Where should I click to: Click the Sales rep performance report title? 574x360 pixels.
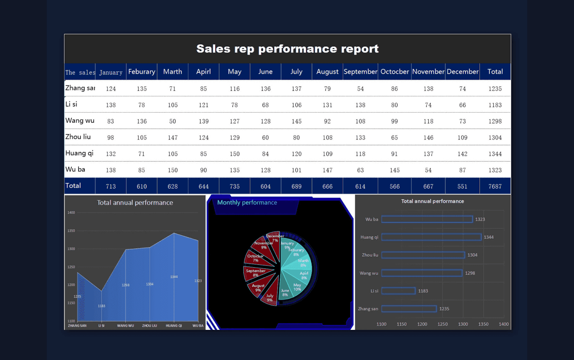coord(287,49)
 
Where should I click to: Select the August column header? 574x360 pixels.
coord(327,72)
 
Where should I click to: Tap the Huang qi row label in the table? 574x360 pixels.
coord(79,153)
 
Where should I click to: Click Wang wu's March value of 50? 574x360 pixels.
coord(173,121)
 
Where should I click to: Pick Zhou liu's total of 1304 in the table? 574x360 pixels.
coord(495,138)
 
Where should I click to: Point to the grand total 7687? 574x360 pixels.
coord(495,186)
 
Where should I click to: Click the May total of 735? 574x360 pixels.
coord(235,186)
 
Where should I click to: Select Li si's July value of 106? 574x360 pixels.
coord(296,105)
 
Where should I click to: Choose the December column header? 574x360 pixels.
coord(462,72)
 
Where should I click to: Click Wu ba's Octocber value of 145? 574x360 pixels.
coord(395,170)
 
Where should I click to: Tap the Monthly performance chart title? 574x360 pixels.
coord(247,203)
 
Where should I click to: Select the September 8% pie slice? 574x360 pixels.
coord(255,273)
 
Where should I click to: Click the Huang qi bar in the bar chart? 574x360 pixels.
coord(431,237)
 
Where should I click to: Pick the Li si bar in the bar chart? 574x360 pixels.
coord(398,291)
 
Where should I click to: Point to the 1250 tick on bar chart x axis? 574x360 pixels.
coord(442,324)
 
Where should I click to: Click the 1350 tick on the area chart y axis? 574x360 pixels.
coord(71,231)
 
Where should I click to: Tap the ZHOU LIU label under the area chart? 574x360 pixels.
coord(150,326)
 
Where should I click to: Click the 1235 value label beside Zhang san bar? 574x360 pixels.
coord(444,309)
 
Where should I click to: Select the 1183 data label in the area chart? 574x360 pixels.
coord(102,306)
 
